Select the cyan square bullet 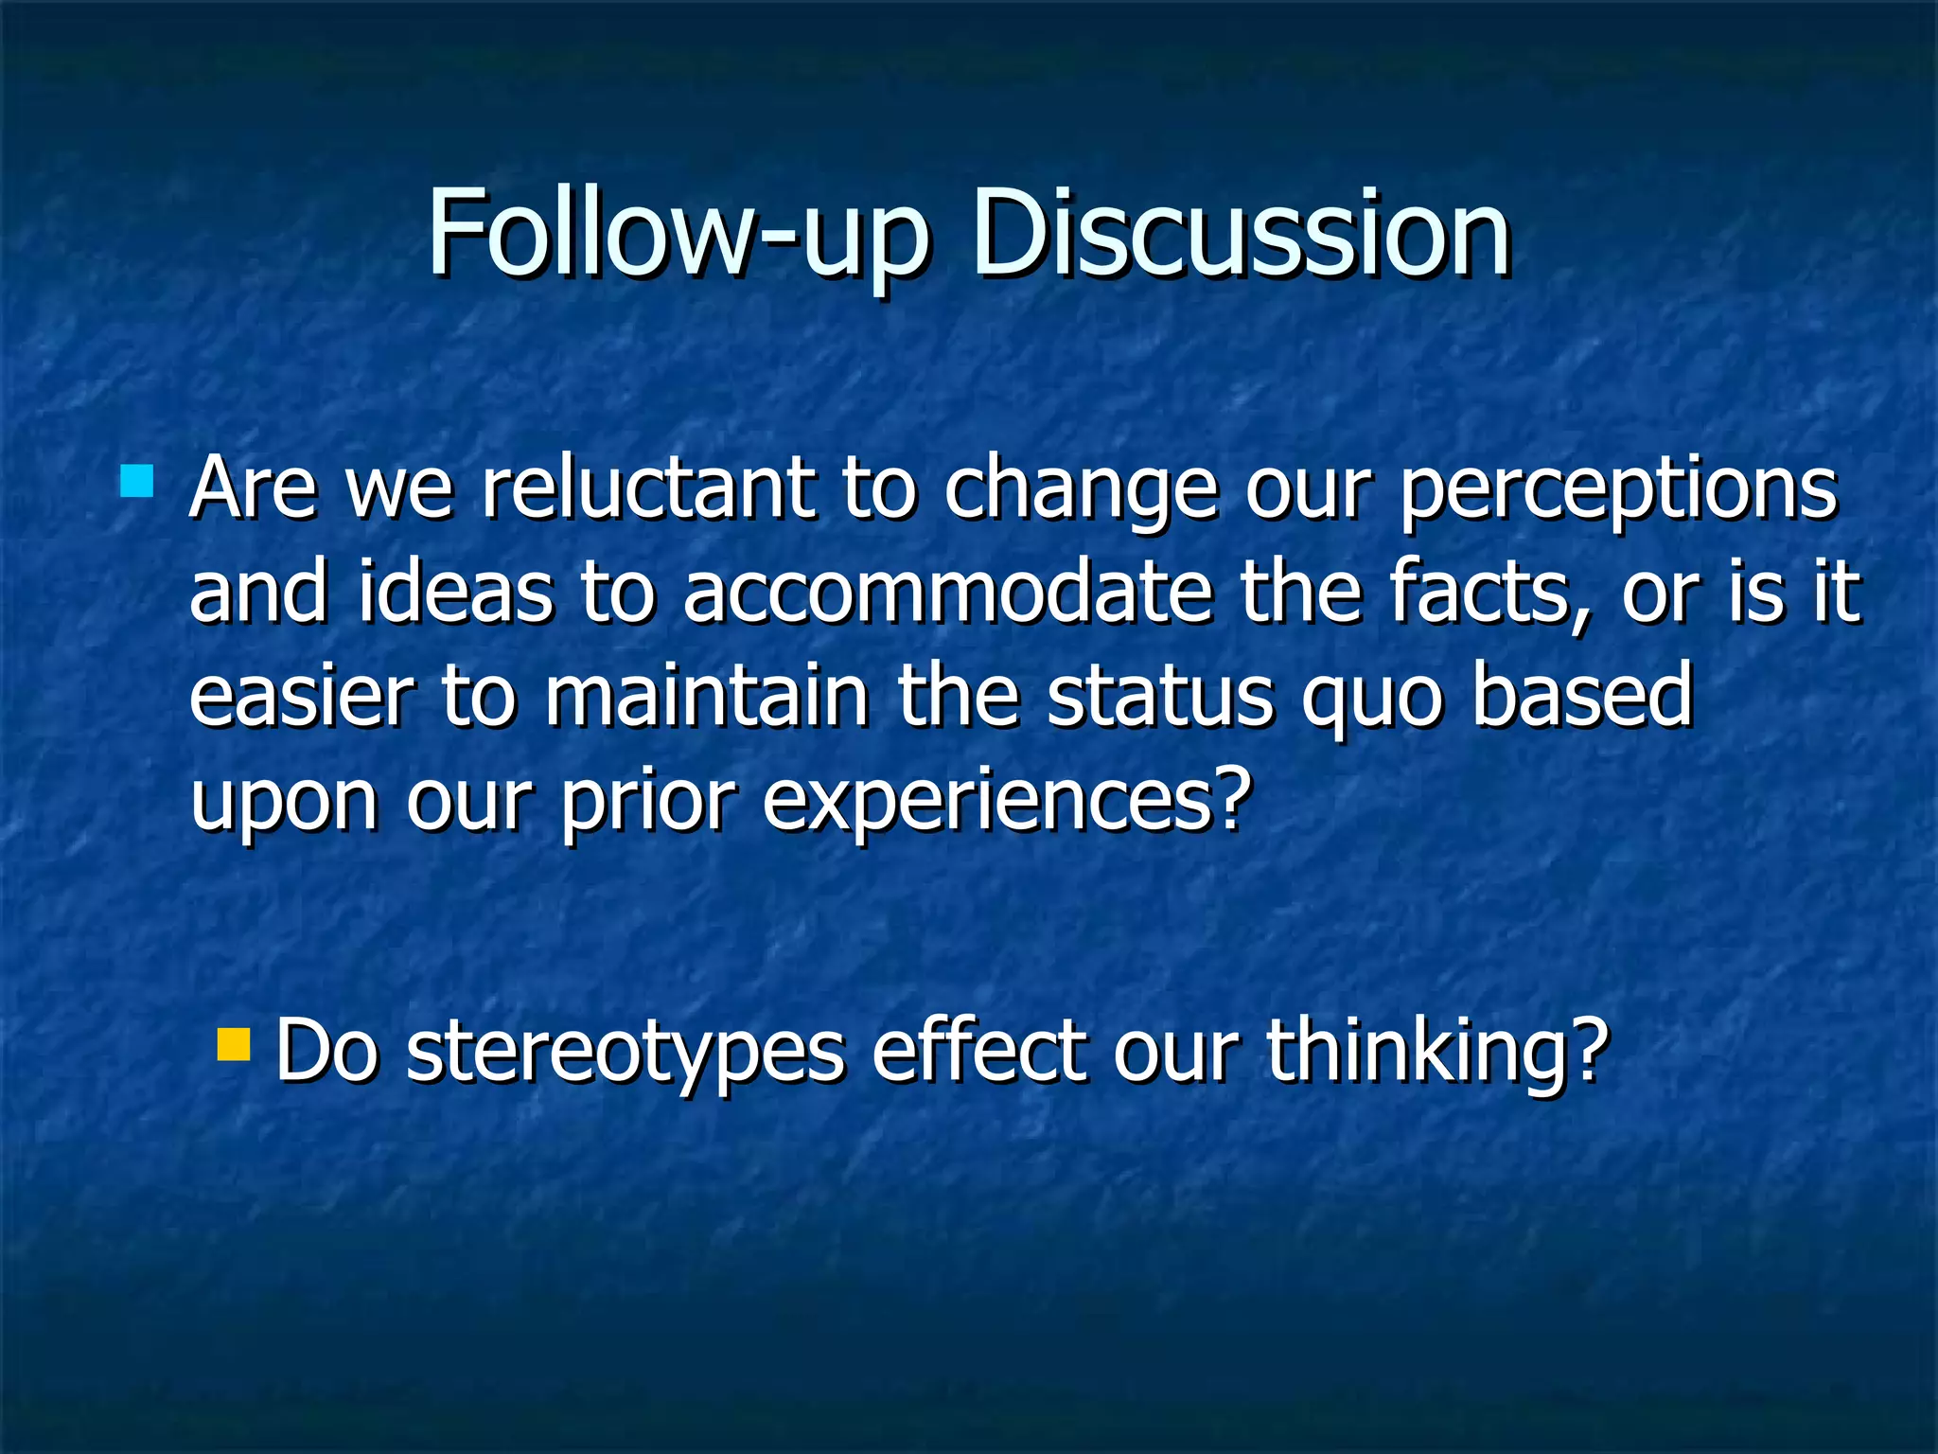(137, 481)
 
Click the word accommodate (947, 594)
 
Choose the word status (1160, 696)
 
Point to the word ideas (455, 594)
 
